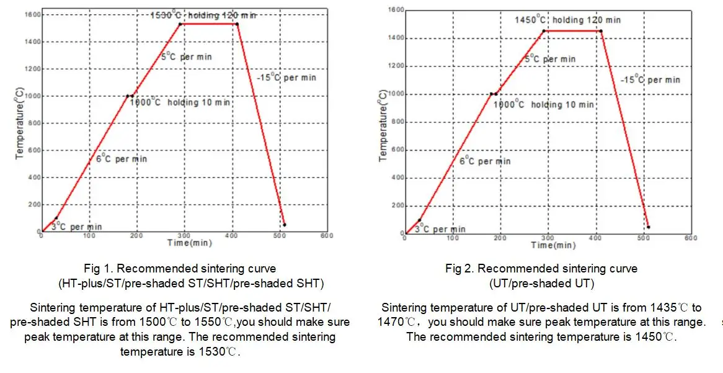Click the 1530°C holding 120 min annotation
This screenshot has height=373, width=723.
tap(203, 15)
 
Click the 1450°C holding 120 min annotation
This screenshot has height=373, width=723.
tap(567, 20)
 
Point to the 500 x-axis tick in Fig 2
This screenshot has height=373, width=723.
tap(642, 238)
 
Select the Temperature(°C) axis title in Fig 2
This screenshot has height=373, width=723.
tap(383, 126)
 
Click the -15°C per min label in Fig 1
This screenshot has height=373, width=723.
tap(286, 77)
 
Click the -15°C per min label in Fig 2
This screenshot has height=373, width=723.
tap(650, 79)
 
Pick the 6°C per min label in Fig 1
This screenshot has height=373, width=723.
tap(122, 159)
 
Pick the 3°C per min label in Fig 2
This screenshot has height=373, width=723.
tap(440, 229)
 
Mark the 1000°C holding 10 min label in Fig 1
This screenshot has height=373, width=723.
tap(180, 102)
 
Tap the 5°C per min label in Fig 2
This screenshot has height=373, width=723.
tap(550, 59)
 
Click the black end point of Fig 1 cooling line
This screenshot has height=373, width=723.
tap(284, 225)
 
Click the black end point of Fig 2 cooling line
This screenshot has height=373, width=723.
tap(648, 227)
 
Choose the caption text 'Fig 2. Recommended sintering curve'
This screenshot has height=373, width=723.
tap(541, 269)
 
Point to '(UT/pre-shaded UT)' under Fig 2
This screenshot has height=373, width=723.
tap(541, 284)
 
